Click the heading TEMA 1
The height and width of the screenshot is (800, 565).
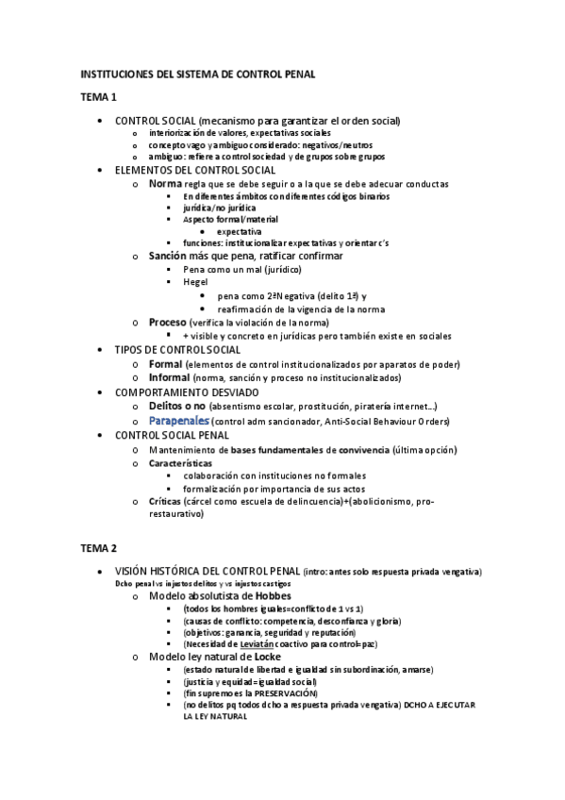click(97, 97)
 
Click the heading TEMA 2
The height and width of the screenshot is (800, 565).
click(97, 547)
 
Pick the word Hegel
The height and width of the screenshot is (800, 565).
click(195, 281)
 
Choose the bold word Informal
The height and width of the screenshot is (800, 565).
click(171, 377)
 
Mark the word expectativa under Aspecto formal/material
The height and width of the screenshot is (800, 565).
click(239, 231)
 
